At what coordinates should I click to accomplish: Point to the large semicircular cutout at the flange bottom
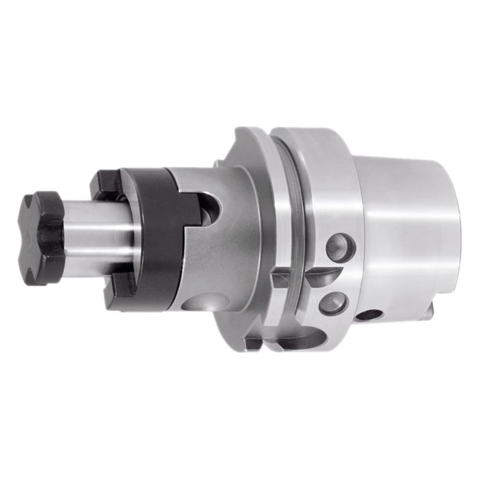click(293, 341)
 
